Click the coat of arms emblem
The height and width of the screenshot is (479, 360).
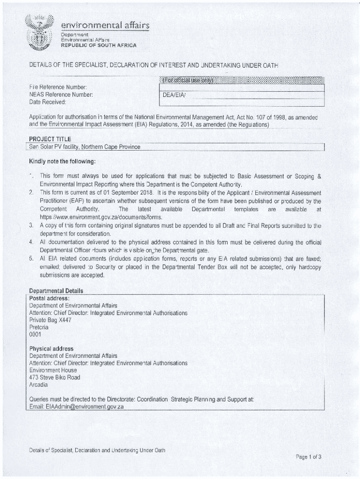[40, 33]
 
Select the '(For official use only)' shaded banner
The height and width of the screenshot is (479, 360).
[187, 80]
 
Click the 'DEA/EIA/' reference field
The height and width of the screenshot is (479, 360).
[174, 95]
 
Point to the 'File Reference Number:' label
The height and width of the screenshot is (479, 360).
[58, 87]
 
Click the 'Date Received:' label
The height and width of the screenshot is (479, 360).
[48, 102]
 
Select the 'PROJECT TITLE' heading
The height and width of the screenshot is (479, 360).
[50, 139]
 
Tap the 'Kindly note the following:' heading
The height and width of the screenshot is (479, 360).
[62, 162]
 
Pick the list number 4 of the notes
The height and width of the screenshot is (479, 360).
[31, 242]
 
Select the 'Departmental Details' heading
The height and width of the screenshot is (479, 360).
[56, 290]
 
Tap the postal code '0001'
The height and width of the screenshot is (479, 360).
[35, 334]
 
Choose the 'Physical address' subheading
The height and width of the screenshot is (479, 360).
[51, 349]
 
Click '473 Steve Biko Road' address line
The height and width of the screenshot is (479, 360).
[55, 377]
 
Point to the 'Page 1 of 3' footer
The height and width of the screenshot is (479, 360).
[308, 457]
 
